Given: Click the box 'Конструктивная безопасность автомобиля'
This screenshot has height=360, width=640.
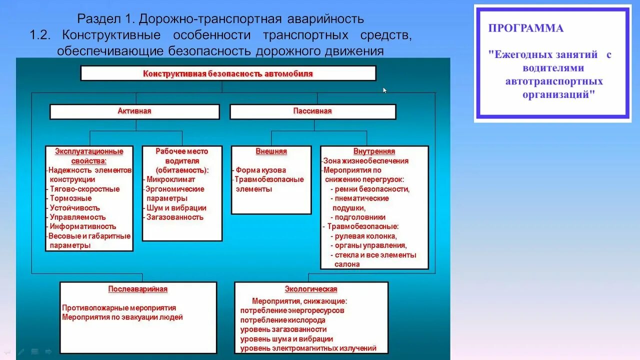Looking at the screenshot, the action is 228,73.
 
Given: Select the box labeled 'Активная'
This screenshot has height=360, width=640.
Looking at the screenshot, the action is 134,111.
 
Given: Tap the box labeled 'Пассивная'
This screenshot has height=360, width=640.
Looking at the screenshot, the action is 312,111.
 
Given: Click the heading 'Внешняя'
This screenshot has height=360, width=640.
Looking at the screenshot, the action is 271,151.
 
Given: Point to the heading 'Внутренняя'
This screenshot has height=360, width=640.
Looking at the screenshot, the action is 374,151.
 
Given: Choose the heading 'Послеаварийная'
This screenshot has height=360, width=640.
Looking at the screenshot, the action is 138,289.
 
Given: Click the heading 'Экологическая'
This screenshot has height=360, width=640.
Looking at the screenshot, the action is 311,289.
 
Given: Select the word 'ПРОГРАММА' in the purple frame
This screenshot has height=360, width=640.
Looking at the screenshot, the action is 526,28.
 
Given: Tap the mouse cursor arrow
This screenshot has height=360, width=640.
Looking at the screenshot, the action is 384,90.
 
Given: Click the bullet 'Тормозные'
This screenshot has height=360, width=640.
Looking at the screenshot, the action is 70,198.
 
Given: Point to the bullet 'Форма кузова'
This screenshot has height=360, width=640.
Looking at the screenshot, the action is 261,170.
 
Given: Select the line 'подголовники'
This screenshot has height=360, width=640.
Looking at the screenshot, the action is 360,217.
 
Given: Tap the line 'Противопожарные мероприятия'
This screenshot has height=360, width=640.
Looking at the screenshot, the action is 119,307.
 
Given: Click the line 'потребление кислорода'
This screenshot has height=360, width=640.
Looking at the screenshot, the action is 282,320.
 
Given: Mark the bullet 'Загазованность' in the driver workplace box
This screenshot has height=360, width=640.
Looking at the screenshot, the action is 175,217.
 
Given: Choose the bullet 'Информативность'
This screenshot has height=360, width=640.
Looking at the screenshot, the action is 83,226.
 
